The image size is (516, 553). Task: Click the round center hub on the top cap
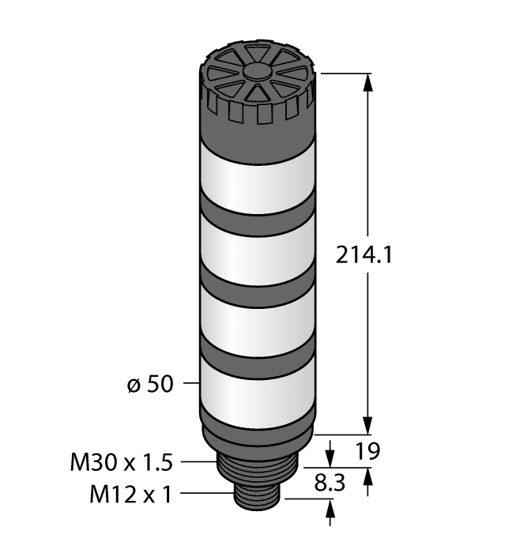[x=258, y=72]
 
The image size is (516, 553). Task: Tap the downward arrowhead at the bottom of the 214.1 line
[x=367, y=427]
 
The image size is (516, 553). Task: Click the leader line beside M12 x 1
[x=208, y=495]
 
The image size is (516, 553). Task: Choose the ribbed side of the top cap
[x=258, y=111]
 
